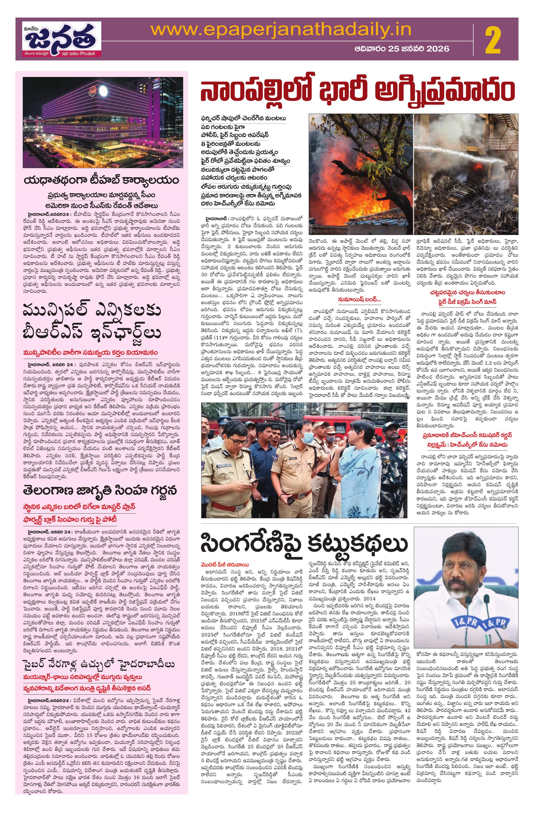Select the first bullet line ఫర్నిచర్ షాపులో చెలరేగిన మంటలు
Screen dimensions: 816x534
click(x=244, y=118)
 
